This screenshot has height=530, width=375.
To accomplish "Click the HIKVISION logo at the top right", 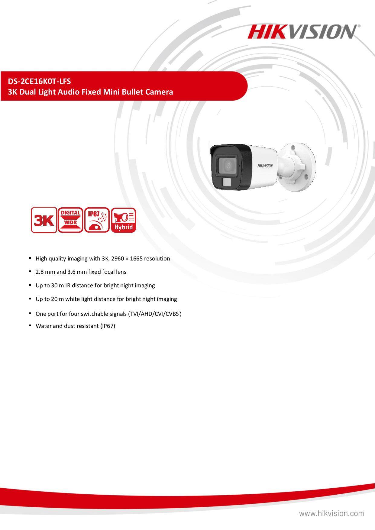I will (302, 32).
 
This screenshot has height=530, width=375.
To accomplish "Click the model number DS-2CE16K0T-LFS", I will (39, 81).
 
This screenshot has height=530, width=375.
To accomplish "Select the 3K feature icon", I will (44, 220).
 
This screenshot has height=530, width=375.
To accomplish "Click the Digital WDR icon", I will (70, 220).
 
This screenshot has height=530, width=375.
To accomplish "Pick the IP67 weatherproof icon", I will (97, 220).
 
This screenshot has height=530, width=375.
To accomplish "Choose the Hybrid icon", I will (123, 220).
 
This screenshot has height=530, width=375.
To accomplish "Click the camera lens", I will (229, 166).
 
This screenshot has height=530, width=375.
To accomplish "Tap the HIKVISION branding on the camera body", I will (265, 166).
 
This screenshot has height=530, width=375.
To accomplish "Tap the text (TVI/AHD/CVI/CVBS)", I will (155, 314).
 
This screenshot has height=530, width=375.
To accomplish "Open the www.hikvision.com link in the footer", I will (331, 513).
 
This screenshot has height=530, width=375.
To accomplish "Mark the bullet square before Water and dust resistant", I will (31, 326).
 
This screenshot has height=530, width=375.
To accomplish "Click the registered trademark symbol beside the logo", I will (359, 26).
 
